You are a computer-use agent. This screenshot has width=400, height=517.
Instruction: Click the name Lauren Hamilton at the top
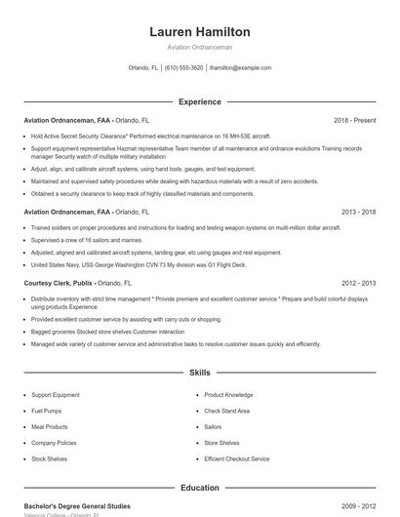coord(199,31)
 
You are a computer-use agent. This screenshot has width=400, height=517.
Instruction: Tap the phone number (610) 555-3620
coord(183,68)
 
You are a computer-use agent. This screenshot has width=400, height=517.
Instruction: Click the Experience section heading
coord(199,101)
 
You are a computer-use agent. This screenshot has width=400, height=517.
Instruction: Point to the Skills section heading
coord(199,373)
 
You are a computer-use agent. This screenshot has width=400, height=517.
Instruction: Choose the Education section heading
coord(199,488)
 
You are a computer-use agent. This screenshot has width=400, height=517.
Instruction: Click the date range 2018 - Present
coord(354,120)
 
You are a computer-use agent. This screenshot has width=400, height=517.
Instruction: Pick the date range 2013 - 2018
coord(358,211)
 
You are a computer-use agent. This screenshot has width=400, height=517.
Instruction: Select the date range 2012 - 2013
coord(358,282)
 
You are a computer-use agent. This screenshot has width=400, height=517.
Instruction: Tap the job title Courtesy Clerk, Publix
coord(60,282)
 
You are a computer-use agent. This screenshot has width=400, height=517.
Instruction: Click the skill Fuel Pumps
coord(46,411)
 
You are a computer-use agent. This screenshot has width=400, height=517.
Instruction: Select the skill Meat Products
coord(49,426)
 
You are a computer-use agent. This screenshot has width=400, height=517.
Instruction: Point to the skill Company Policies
coord(53,442)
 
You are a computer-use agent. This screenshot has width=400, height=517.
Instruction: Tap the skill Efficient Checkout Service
coord(236,457)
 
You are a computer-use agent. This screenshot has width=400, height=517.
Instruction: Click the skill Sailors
coord(213,426)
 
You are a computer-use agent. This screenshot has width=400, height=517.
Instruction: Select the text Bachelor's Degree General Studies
coord(76,505)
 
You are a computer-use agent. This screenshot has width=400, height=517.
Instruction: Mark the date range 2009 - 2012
coord(358,505)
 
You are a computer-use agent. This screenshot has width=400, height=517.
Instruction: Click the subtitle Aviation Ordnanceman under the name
coord(199,47)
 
